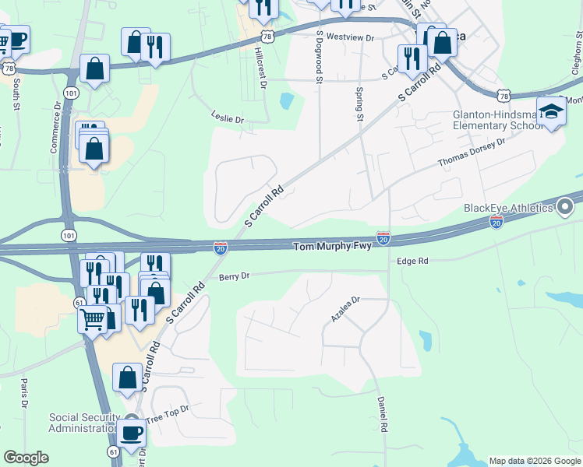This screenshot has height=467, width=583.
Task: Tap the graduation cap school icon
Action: click(x=551, y=112)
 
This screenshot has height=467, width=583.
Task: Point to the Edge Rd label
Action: click(x=413, y=262)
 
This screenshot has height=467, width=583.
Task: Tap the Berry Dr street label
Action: click(x=234, y=276)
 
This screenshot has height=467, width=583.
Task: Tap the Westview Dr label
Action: click(x=350, y=37)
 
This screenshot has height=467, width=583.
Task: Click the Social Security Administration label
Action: click(x=83, y=423)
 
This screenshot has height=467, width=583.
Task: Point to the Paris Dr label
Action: click(x=24, y=394)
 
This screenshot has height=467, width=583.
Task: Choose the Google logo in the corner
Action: click(x=26, y=458)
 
